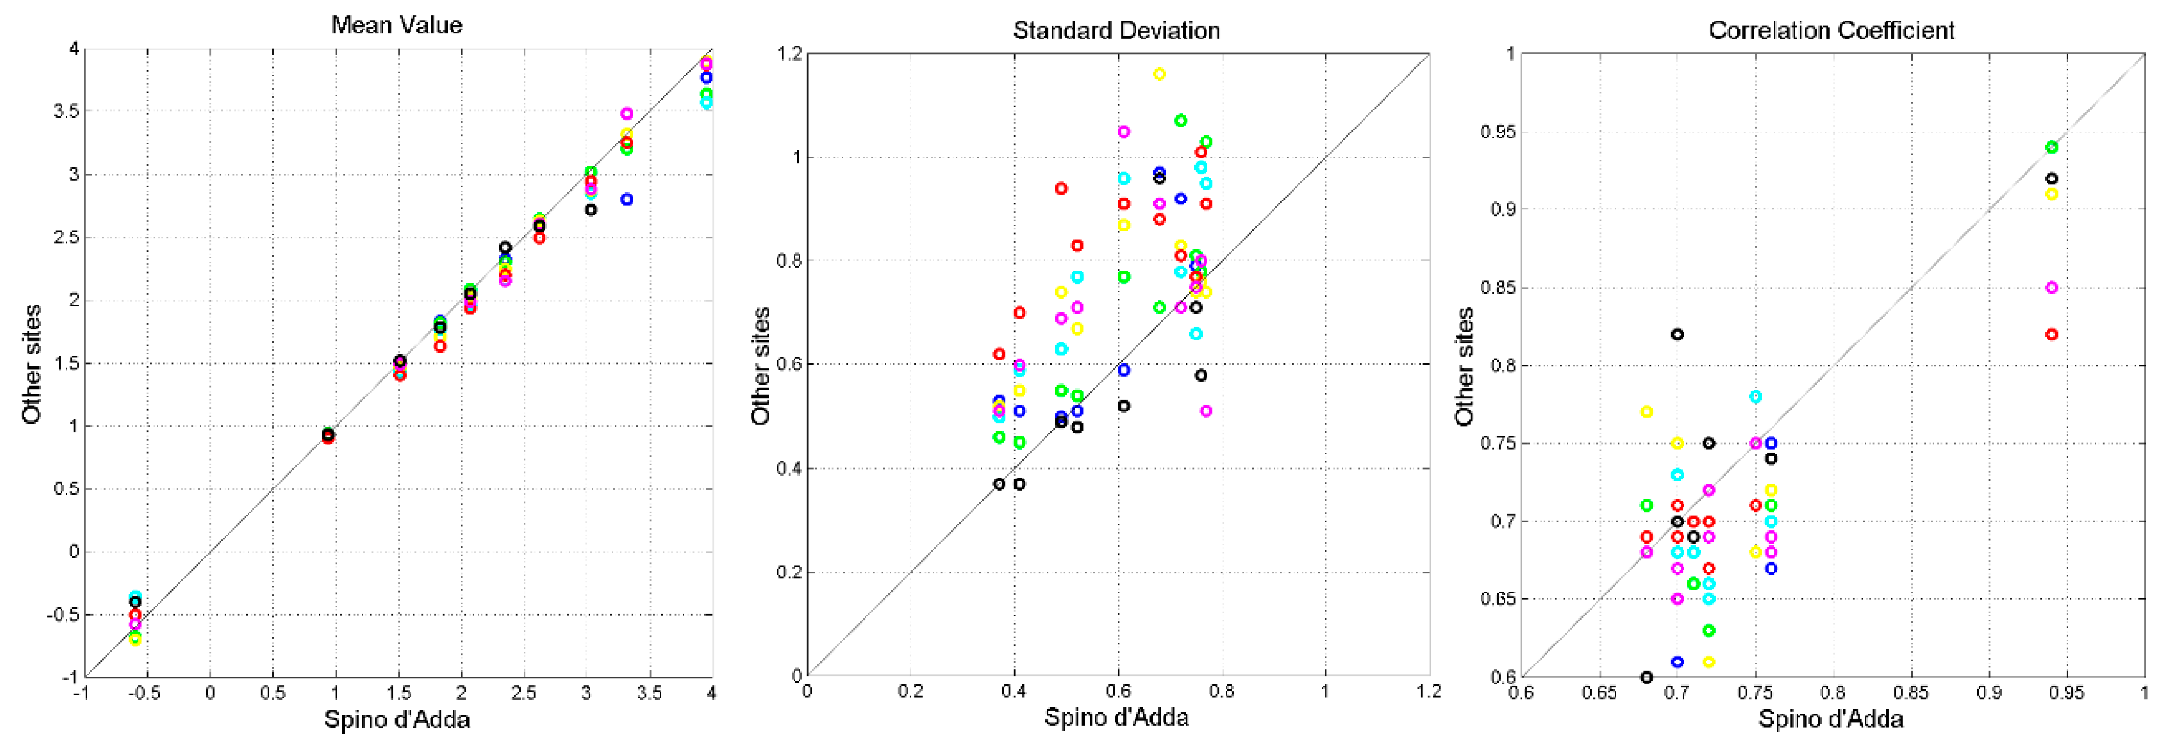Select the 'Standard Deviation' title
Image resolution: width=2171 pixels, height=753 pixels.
point(1116,30)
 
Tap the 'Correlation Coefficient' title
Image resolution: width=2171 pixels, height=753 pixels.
point(1831,30)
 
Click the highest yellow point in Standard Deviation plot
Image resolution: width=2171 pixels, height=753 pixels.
point(1159,74)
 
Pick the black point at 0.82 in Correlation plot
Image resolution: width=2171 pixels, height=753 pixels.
point(1677,334)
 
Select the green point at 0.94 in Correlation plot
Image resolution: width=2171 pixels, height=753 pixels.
point(2052,147)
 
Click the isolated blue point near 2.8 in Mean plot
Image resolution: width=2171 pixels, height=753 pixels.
point(626,200)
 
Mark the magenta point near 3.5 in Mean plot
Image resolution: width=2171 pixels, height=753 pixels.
point(626,113)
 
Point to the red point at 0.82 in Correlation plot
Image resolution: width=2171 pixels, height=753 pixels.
point(2052,334)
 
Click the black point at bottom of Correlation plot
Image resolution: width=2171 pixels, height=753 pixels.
point(1647,677)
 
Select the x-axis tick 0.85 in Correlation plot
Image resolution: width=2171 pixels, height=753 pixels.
point(1911,693)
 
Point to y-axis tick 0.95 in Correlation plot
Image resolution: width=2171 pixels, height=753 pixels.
point(1497,132)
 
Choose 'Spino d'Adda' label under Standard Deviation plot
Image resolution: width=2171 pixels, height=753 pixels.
point(1116,718)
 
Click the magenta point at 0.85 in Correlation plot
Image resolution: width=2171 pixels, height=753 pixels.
point(2052,288)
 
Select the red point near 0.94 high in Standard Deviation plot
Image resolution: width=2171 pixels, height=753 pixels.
point(1061,189)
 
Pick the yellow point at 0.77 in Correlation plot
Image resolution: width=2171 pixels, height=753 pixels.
point(1647,411)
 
